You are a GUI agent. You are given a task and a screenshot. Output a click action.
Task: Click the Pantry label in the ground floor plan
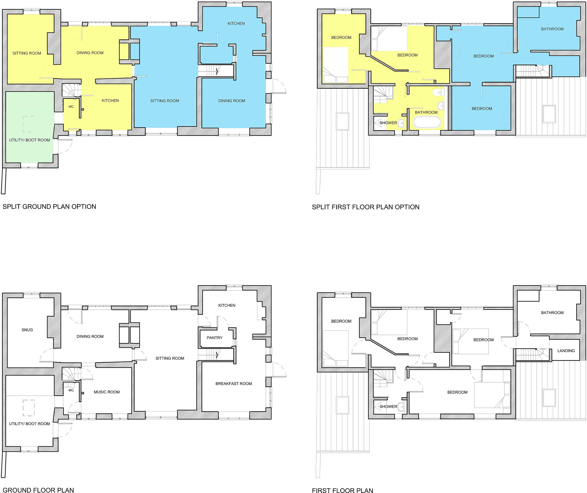click(214, 338)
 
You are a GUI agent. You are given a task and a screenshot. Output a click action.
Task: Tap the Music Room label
click(107, 392)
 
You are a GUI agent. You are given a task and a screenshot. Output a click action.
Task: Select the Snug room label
click(27, 330)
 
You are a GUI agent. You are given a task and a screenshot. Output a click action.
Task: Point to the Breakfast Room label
click(234, 384)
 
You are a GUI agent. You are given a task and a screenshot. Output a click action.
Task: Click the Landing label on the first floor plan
click(566, 351)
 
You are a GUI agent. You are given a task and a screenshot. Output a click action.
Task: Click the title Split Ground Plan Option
click(49, 206)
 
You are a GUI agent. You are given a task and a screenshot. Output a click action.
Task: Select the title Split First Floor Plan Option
click(365, 207)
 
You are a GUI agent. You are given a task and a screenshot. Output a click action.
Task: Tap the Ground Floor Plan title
click(38, 490)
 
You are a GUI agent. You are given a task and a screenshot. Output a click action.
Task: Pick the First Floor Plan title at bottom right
click(343, 490)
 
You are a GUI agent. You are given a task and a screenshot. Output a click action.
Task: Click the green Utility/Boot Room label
click(29, 140)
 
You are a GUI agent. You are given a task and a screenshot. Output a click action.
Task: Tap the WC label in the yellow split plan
click(71, 107)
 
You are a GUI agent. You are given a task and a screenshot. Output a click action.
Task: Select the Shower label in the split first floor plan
click(388, 123)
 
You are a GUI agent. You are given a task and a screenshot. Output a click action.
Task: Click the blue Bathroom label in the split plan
click(552, 29)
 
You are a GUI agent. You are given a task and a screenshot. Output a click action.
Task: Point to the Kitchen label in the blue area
click(236, 24)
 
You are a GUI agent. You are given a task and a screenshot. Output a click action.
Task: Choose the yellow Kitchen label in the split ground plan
click(110, 100)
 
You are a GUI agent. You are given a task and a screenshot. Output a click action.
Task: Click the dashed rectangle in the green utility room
click(29, 124)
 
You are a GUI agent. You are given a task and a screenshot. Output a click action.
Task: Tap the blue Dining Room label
click(232, 101)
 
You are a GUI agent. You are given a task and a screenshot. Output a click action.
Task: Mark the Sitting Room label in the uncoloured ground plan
click(170, 358)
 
